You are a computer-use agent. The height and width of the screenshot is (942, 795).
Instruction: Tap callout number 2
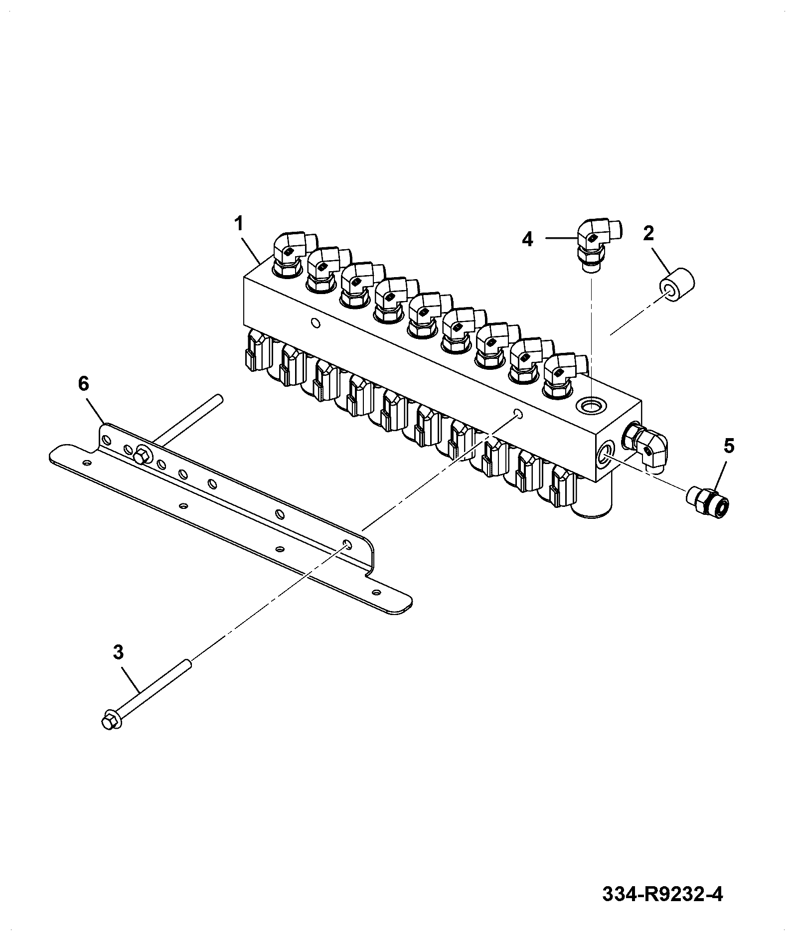point(648,233)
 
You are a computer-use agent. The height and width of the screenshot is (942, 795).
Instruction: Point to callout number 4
point(527,239)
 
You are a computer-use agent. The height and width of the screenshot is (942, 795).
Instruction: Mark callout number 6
point(83,384)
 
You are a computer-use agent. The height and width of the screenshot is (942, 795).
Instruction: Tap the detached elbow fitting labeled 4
point(599,244)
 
